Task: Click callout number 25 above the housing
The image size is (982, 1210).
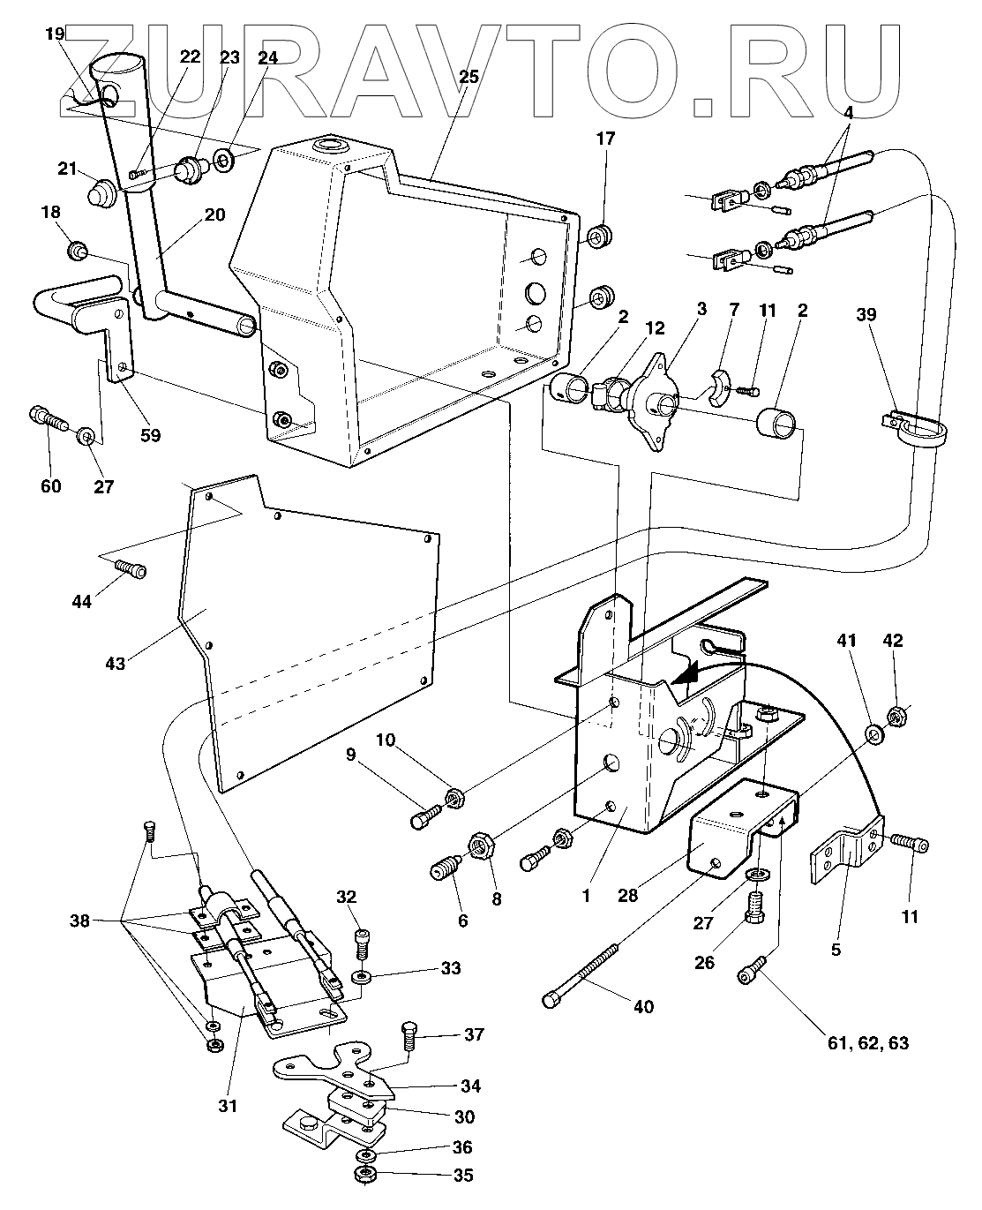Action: point(469,77)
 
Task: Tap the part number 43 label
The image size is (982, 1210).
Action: point(116,661)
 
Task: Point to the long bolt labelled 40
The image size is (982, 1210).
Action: point(581,973)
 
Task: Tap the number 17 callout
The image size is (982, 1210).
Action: point(605,139)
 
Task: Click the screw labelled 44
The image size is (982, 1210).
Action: point(129,568)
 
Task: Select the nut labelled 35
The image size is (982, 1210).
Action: point(363,1175)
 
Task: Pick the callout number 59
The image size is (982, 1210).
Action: point(151,435)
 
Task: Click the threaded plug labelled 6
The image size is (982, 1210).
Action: point(442,867)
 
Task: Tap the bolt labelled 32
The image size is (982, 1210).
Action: point(361,941)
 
